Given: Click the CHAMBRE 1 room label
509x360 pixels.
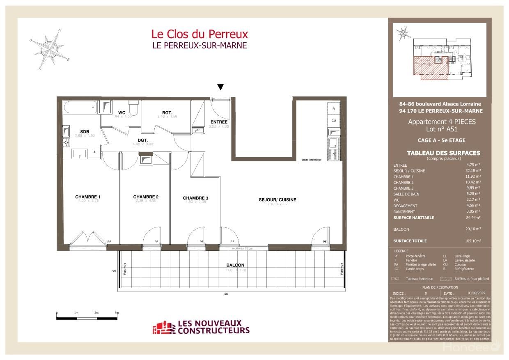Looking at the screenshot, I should tap(87, 197).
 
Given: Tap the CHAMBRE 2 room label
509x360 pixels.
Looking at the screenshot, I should tap(146, 197).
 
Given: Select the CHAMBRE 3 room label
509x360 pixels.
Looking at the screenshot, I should tap(195, 198).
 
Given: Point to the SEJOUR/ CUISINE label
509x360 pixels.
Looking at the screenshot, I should tap(277, 200).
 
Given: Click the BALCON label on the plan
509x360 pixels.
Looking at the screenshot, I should tap(235, 265).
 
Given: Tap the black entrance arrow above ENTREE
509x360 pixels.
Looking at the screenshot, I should tap(220, 87).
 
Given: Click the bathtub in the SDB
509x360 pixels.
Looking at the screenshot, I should tap(80, 109).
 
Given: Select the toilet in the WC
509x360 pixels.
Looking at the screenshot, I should tap(133, 108).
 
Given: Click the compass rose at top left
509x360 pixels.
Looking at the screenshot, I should tap(49, 48).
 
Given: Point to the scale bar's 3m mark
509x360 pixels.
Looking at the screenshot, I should tap(117, 313).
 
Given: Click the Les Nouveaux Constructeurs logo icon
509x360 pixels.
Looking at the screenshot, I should tap(164, 328).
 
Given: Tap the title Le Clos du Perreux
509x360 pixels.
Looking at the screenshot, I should tap(199, 34).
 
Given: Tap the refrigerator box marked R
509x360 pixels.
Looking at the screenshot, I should tap(334, 109).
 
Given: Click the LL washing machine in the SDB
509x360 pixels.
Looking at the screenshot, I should tap(94, 152).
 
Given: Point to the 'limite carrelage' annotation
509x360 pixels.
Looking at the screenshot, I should tap(311, 160).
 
